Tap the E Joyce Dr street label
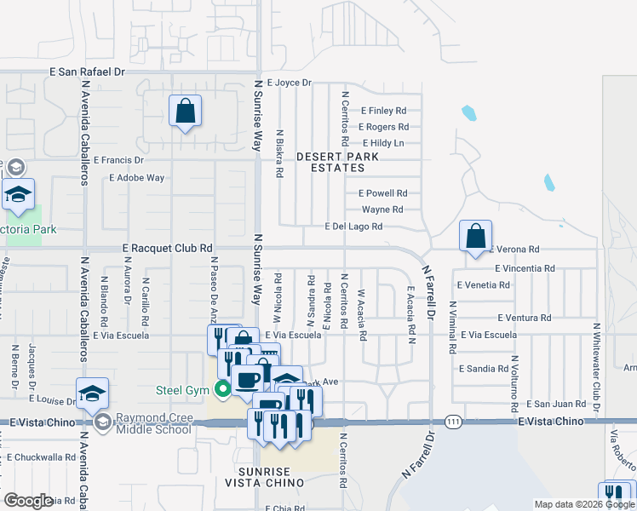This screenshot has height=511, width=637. click(290, 83)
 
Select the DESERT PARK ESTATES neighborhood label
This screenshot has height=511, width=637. click(342, 162)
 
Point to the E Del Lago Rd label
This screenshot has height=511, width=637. click(353, 227)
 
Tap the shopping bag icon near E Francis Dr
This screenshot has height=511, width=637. click(185, 112)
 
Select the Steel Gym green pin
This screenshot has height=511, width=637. click(224, 391)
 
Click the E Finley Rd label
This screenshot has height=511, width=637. click(383, 111)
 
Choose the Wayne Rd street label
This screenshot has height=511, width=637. click(382, 210)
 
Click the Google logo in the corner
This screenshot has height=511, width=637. click(28, 501)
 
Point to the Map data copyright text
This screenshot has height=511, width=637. click(583, 504)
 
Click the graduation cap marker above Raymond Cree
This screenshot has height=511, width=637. click(92, 393)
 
